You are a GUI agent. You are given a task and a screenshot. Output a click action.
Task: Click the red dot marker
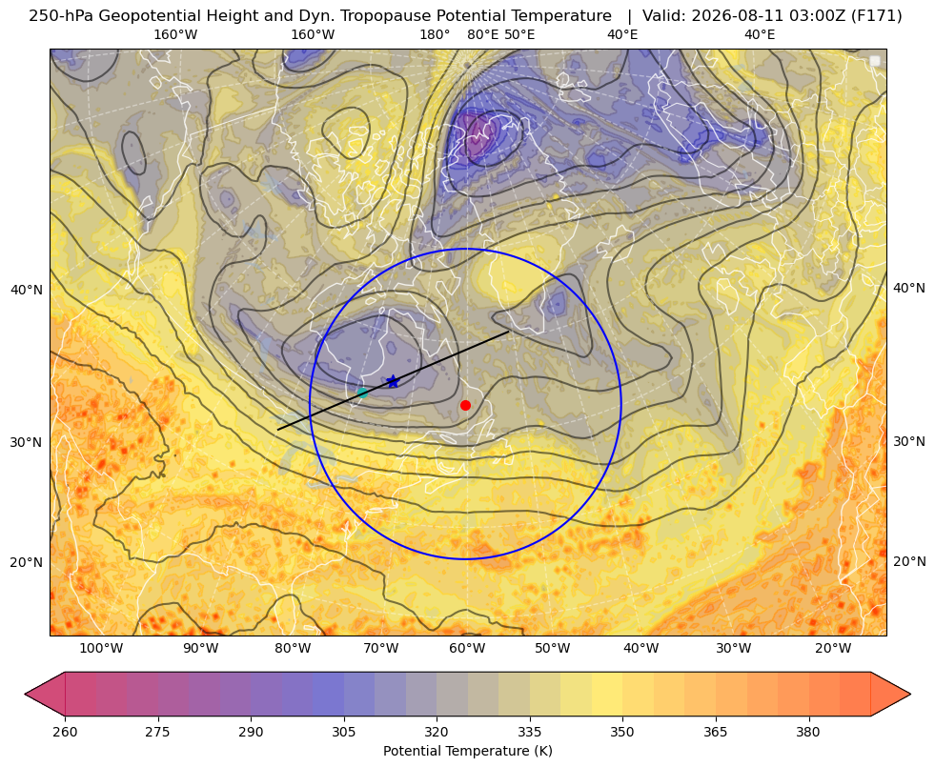click(466, 405)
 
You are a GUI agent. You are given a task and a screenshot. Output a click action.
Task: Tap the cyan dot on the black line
click(362, 393)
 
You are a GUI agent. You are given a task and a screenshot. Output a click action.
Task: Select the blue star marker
click(393, 381)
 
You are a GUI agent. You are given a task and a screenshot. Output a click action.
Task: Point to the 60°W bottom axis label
click(467, 649)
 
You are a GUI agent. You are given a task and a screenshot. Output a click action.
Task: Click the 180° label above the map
click(435, 34)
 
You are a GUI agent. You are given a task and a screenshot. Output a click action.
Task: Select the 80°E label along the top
click(482, 34)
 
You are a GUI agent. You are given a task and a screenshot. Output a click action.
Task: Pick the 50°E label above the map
click(519, 34)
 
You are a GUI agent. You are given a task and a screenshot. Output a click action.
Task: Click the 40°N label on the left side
click(27, 291)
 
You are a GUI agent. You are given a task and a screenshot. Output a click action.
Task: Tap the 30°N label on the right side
click(909, 441)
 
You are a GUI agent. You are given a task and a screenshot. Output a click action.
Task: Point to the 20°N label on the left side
click(27, 562)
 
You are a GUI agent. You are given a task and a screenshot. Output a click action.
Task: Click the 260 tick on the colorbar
click(65, 732)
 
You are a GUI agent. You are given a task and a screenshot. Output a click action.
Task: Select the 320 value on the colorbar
click(437, 732)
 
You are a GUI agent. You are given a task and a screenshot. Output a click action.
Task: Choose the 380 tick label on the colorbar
click(808, 732)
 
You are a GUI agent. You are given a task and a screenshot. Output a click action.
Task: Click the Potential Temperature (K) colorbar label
click(467, 751)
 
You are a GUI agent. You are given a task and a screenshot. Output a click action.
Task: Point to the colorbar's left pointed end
click(26, 694)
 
